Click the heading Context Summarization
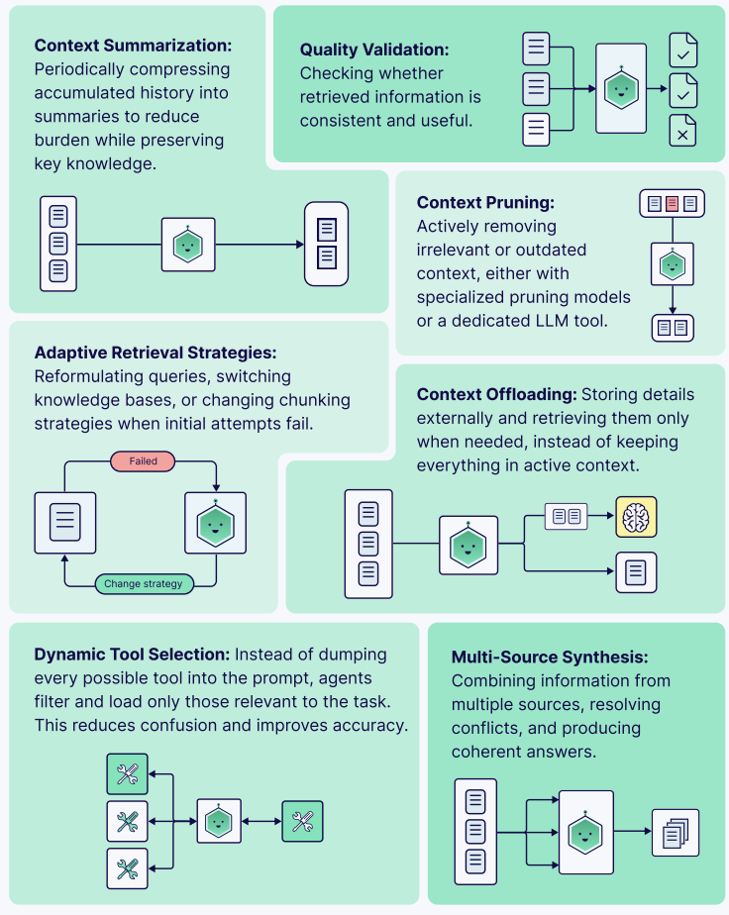click(x=134, y=46)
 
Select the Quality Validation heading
click(x=374, y=50)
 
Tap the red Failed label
click(x=144, y=461)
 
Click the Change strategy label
click(x=144, y=584)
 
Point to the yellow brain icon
click(x=636, y=517)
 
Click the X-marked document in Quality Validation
click(x=682, y=129)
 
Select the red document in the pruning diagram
click(x=672, y=204)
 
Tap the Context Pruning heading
click(x=484, y=203)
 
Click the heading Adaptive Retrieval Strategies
click(x=156, y=353)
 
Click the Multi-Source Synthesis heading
click(x=550, y=657)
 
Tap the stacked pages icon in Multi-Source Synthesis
click(x=675, y=833)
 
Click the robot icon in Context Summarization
click(x=188, y=245)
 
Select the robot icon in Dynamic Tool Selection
click(x=219, y=821)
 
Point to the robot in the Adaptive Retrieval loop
click(x=215, y=522)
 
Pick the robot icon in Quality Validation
click(x=620, y=89)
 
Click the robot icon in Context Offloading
click(x=469, y=545)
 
